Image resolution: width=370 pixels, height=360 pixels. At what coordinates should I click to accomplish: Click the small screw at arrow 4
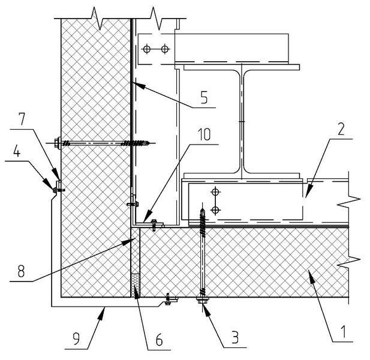59,190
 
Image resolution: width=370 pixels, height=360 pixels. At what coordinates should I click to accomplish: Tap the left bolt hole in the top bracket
154,48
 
